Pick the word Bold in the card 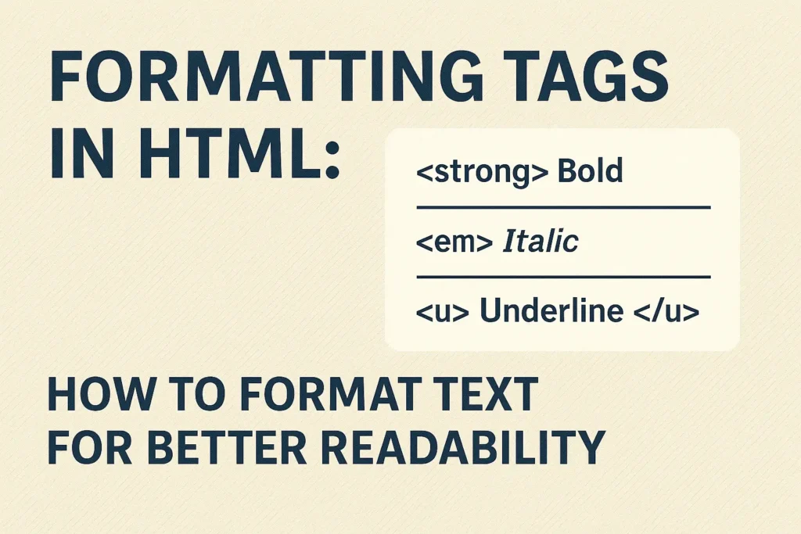[590, 171]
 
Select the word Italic [540, 242]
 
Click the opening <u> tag [442, 311]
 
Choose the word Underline [551, 311]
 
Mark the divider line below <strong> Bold [563, 207]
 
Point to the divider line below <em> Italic [563, 277]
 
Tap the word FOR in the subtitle [86, 447]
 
